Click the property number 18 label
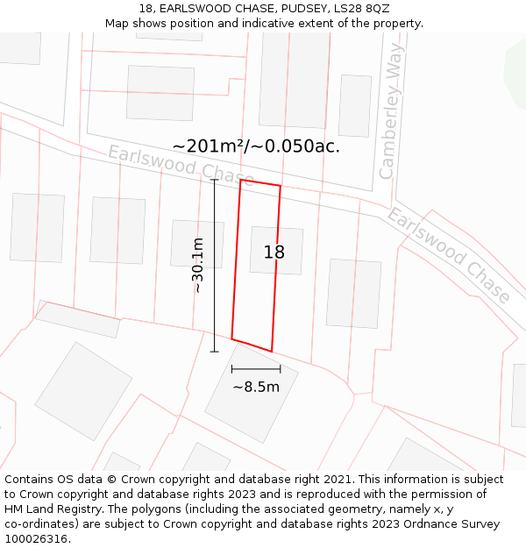(274, 253)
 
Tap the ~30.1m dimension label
(198, 265)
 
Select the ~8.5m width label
(256, 387)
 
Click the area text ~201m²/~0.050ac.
(256, 146)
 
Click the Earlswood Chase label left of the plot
(181, 165)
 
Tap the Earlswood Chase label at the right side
(449, 255)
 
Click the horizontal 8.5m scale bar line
(256, 369)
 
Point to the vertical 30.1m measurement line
(215, 263)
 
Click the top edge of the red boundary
(260, 182)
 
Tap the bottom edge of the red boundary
(252, 345)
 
